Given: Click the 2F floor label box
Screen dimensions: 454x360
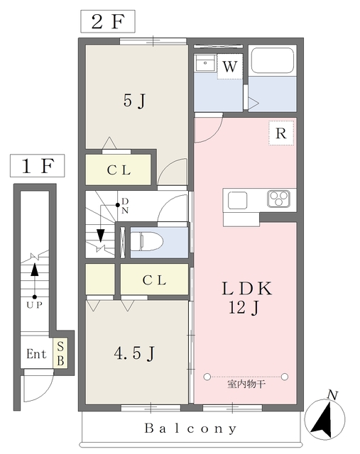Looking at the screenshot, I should point(108,21).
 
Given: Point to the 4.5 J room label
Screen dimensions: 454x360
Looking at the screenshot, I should point(133,353).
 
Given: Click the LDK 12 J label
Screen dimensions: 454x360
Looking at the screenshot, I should point(246,299).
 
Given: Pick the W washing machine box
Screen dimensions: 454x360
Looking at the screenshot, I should point(229,67).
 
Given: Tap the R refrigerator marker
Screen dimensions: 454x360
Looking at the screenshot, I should point(280,133).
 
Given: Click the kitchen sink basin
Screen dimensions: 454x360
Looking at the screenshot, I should point(237,200).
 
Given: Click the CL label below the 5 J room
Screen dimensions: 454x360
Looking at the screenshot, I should point(119,170).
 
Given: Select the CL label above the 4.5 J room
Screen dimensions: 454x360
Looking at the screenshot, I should point(154,280).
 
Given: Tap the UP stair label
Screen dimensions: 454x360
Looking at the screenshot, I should point(33,304).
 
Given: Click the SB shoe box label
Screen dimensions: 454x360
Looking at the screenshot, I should point(60,353).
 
